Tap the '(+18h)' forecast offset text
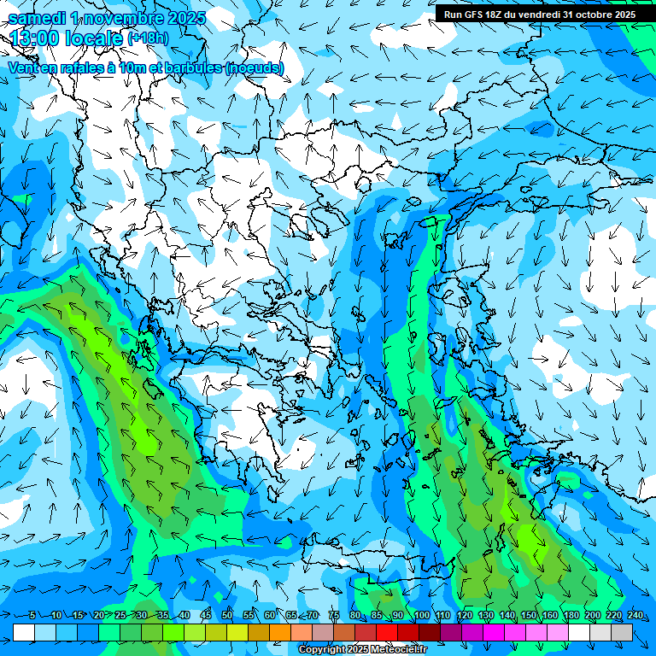pyautogui.click(x=148, y=38)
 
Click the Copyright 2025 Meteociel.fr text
pyautogui.click(x=362, y=650)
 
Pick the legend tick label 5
pyautogui.click(x=32, y=616)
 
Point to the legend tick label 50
pyautogui.click(x=226, y=616)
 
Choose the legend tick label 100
pyautogui.click(x=421, y=616)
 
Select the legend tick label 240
pyautogui.click(x=635, y=616)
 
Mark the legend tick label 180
pyautogui.click(x=571, y=616)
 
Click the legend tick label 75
pyautogui.click(x=334, y=616)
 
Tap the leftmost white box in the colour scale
pyautogui.click(x=24, y=632)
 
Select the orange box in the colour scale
pyautogui.click(x=280, y=632)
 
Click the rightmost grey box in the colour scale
pyautogui.click(x=622, y=632)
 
